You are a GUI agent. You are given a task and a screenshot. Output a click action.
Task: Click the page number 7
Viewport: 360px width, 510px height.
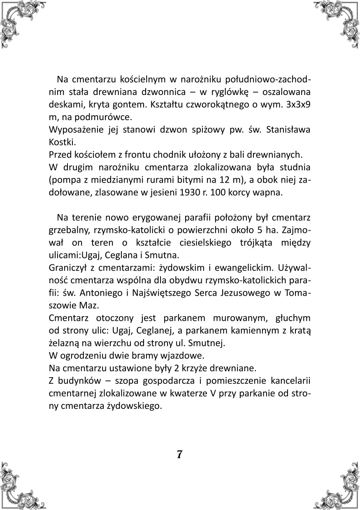pyautogui.click(x=179, y=455)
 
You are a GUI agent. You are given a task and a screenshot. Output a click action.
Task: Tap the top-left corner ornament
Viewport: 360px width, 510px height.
pyautogui.click(x=19, y=19)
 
